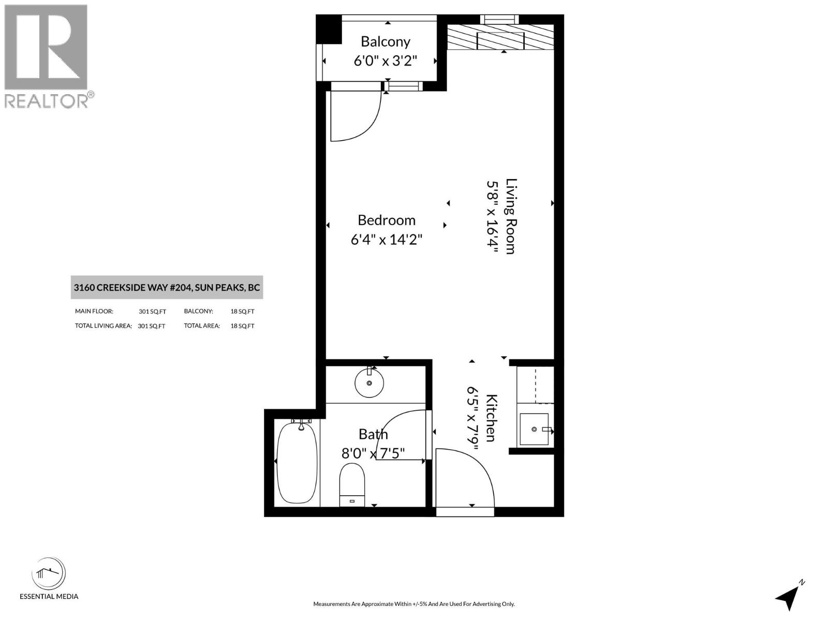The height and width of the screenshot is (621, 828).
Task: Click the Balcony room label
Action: (386, 41)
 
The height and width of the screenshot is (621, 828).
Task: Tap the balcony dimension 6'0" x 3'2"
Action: (386, 61)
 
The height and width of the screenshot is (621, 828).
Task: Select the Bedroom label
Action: (387, 220)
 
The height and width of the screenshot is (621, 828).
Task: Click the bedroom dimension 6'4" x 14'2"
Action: (387, 240)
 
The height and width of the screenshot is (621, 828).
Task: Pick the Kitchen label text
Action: (492, 418)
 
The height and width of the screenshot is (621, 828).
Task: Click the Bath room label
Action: (373, 434)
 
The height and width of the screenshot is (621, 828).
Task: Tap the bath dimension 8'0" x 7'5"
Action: (373, 454)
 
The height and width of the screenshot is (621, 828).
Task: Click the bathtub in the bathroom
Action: (297, 462)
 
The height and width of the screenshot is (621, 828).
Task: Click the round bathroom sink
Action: (369, 383)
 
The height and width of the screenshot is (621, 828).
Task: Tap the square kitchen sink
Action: (534, 429)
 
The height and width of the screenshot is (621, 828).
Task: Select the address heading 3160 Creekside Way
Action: (167, 288)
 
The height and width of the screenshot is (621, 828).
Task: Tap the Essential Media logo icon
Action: (49, 574)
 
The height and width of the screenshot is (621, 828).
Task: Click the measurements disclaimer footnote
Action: (413, 604)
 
